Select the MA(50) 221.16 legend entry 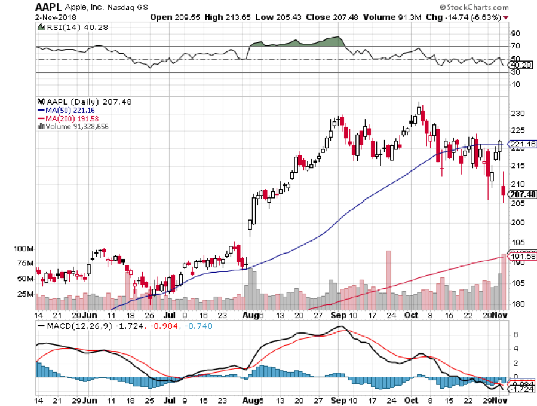[66, 111]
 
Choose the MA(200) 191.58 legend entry [67, 118]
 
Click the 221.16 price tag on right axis [521, 144]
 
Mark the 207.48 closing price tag [521, 194]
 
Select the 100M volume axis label [23, 248]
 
